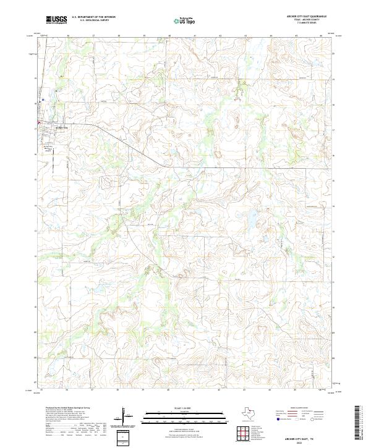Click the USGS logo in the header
point(56,20)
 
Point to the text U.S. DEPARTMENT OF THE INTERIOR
point(93,17)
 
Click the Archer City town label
point(61,127)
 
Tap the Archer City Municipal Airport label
point(47,148)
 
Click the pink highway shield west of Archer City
point(39,123)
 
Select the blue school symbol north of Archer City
point(42,99)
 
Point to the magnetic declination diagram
point(126,416)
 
